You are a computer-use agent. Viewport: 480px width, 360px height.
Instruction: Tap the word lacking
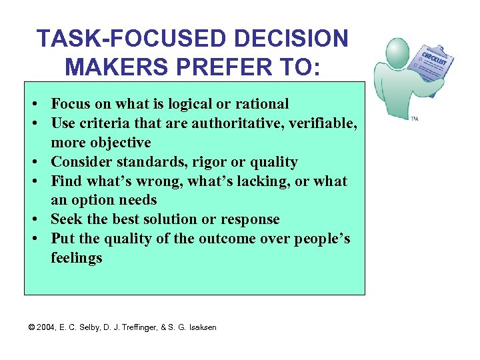(269, 181)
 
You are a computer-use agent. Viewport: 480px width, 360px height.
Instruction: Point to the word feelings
(77, 258)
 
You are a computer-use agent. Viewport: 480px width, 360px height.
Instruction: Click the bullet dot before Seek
(33, 219)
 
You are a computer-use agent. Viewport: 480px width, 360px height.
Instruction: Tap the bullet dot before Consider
(33, 162)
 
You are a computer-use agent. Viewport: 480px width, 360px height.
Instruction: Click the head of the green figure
(398, 52)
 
